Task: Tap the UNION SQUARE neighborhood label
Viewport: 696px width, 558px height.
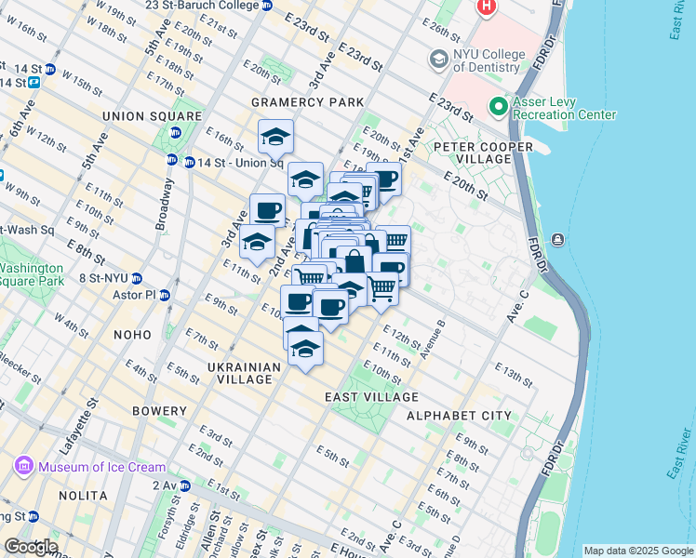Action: point(152,116)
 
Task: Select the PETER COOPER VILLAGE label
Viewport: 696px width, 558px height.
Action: point(483,153)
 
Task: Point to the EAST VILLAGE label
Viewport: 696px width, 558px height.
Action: point(371,397)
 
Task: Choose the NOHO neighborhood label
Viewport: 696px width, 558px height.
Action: point(131,334)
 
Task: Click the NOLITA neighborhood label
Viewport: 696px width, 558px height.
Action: point(84,496)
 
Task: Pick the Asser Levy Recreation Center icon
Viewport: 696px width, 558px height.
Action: point(499,107)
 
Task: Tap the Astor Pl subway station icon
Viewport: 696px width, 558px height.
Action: point(165,296)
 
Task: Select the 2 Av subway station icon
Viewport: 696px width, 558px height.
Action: point(185,485)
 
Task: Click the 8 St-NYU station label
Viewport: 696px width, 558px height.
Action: point(102,278)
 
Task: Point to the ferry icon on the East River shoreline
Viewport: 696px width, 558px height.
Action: point(557,240)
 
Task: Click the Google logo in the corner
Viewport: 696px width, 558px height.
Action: point(31,547)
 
